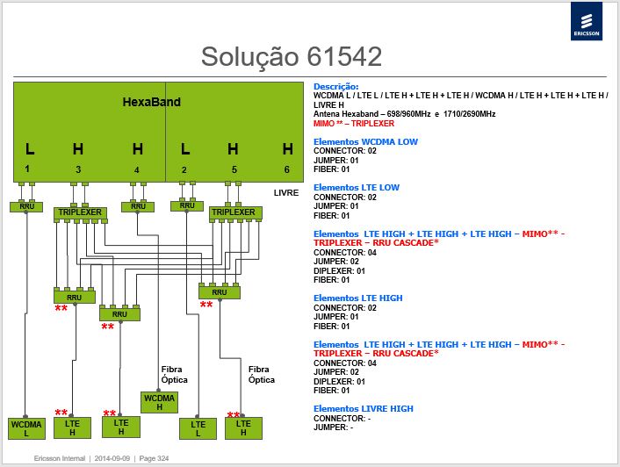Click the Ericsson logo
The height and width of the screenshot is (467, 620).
[x=587, y=21]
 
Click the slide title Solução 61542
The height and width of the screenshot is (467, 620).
[x=292, y=56]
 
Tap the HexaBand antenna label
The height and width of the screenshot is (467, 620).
[x=151, y=102]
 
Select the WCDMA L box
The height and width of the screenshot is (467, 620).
[x=26, y=428]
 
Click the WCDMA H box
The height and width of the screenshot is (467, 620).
[x=159, y=402]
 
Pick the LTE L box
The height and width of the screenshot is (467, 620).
[x=198, y=428]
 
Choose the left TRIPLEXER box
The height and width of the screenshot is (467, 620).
[x=80, y=212]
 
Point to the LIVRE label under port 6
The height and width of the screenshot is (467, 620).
[x=286, y=193]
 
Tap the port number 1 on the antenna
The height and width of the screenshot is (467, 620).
[x=27, y=169]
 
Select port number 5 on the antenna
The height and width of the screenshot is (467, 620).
[x=234, y=169]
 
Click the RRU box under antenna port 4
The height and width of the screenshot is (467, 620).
[x=138, y=206]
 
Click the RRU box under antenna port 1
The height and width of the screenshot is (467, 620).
[x=26, y=206]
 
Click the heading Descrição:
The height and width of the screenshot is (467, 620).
[x=335, y=87]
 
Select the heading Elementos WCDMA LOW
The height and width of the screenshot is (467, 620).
[x=365, y=142]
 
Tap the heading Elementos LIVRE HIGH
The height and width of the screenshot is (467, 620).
[x=364, y=408]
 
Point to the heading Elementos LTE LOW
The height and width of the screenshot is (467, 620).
[x=357, y=187]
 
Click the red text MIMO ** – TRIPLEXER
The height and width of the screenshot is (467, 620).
[x=354, y=123]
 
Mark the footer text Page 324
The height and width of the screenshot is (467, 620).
[x=154, y=458]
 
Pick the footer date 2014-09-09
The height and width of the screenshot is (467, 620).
[x=112, y=458]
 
